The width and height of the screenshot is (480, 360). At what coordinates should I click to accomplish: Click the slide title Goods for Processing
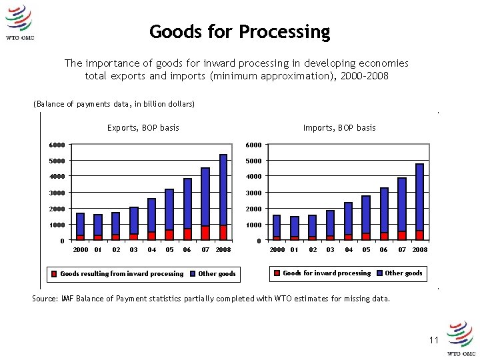coord(239,31)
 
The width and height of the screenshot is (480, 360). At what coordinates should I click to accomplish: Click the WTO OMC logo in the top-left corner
coord(19,23)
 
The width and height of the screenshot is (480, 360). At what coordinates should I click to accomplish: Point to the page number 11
coord(434,340)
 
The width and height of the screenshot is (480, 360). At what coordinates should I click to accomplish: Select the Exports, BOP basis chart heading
coord(143,127)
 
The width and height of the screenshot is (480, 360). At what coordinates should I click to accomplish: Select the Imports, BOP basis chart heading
coord(339,127)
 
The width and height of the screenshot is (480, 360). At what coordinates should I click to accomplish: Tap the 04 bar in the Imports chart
coord(348,221)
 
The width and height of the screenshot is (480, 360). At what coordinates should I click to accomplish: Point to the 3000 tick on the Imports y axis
coord(253,193)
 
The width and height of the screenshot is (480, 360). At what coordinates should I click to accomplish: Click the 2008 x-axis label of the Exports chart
coord(223,249)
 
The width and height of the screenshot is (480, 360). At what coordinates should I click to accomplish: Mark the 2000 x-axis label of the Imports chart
coord(277,249)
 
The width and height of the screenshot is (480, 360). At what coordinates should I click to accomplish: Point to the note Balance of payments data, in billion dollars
coord(114,104)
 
